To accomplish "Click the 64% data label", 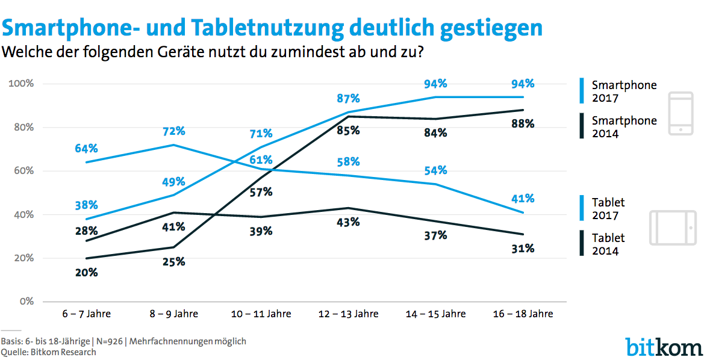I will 86,148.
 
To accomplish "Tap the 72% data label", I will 174,131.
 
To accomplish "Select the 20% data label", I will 86,272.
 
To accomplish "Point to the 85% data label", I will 348,130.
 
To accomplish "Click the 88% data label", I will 522,124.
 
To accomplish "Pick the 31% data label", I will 522,248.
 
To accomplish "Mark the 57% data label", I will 261,192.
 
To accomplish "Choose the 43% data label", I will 348,222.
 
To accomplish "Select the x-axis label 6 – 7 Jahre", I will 86,314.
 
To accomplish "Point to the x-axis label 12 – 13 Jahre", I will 348,314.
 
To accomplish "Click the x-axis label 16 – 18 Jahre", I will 522,314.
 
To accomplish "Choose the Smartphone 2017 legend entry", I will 624,92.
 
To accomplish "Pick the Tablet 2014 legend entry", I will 608,244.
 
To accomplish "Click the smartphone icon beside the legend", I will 681,114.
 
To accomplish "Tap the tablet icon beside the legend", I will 672,228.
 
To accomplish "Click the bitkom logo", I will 664,346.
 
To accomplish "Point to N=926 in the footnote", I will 109,341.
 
